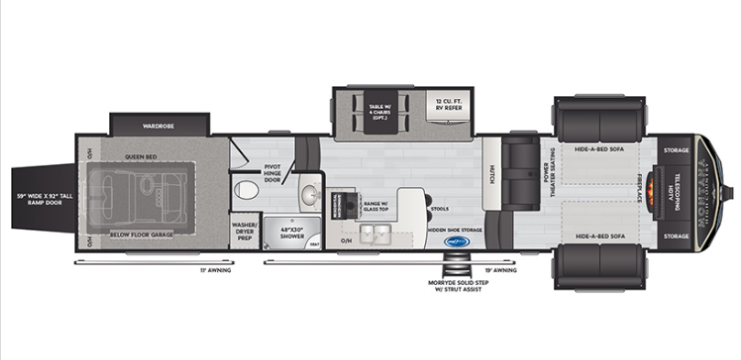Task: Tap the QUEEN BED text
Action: [141, 157]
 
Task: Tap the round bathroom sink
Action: [309, 194]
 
